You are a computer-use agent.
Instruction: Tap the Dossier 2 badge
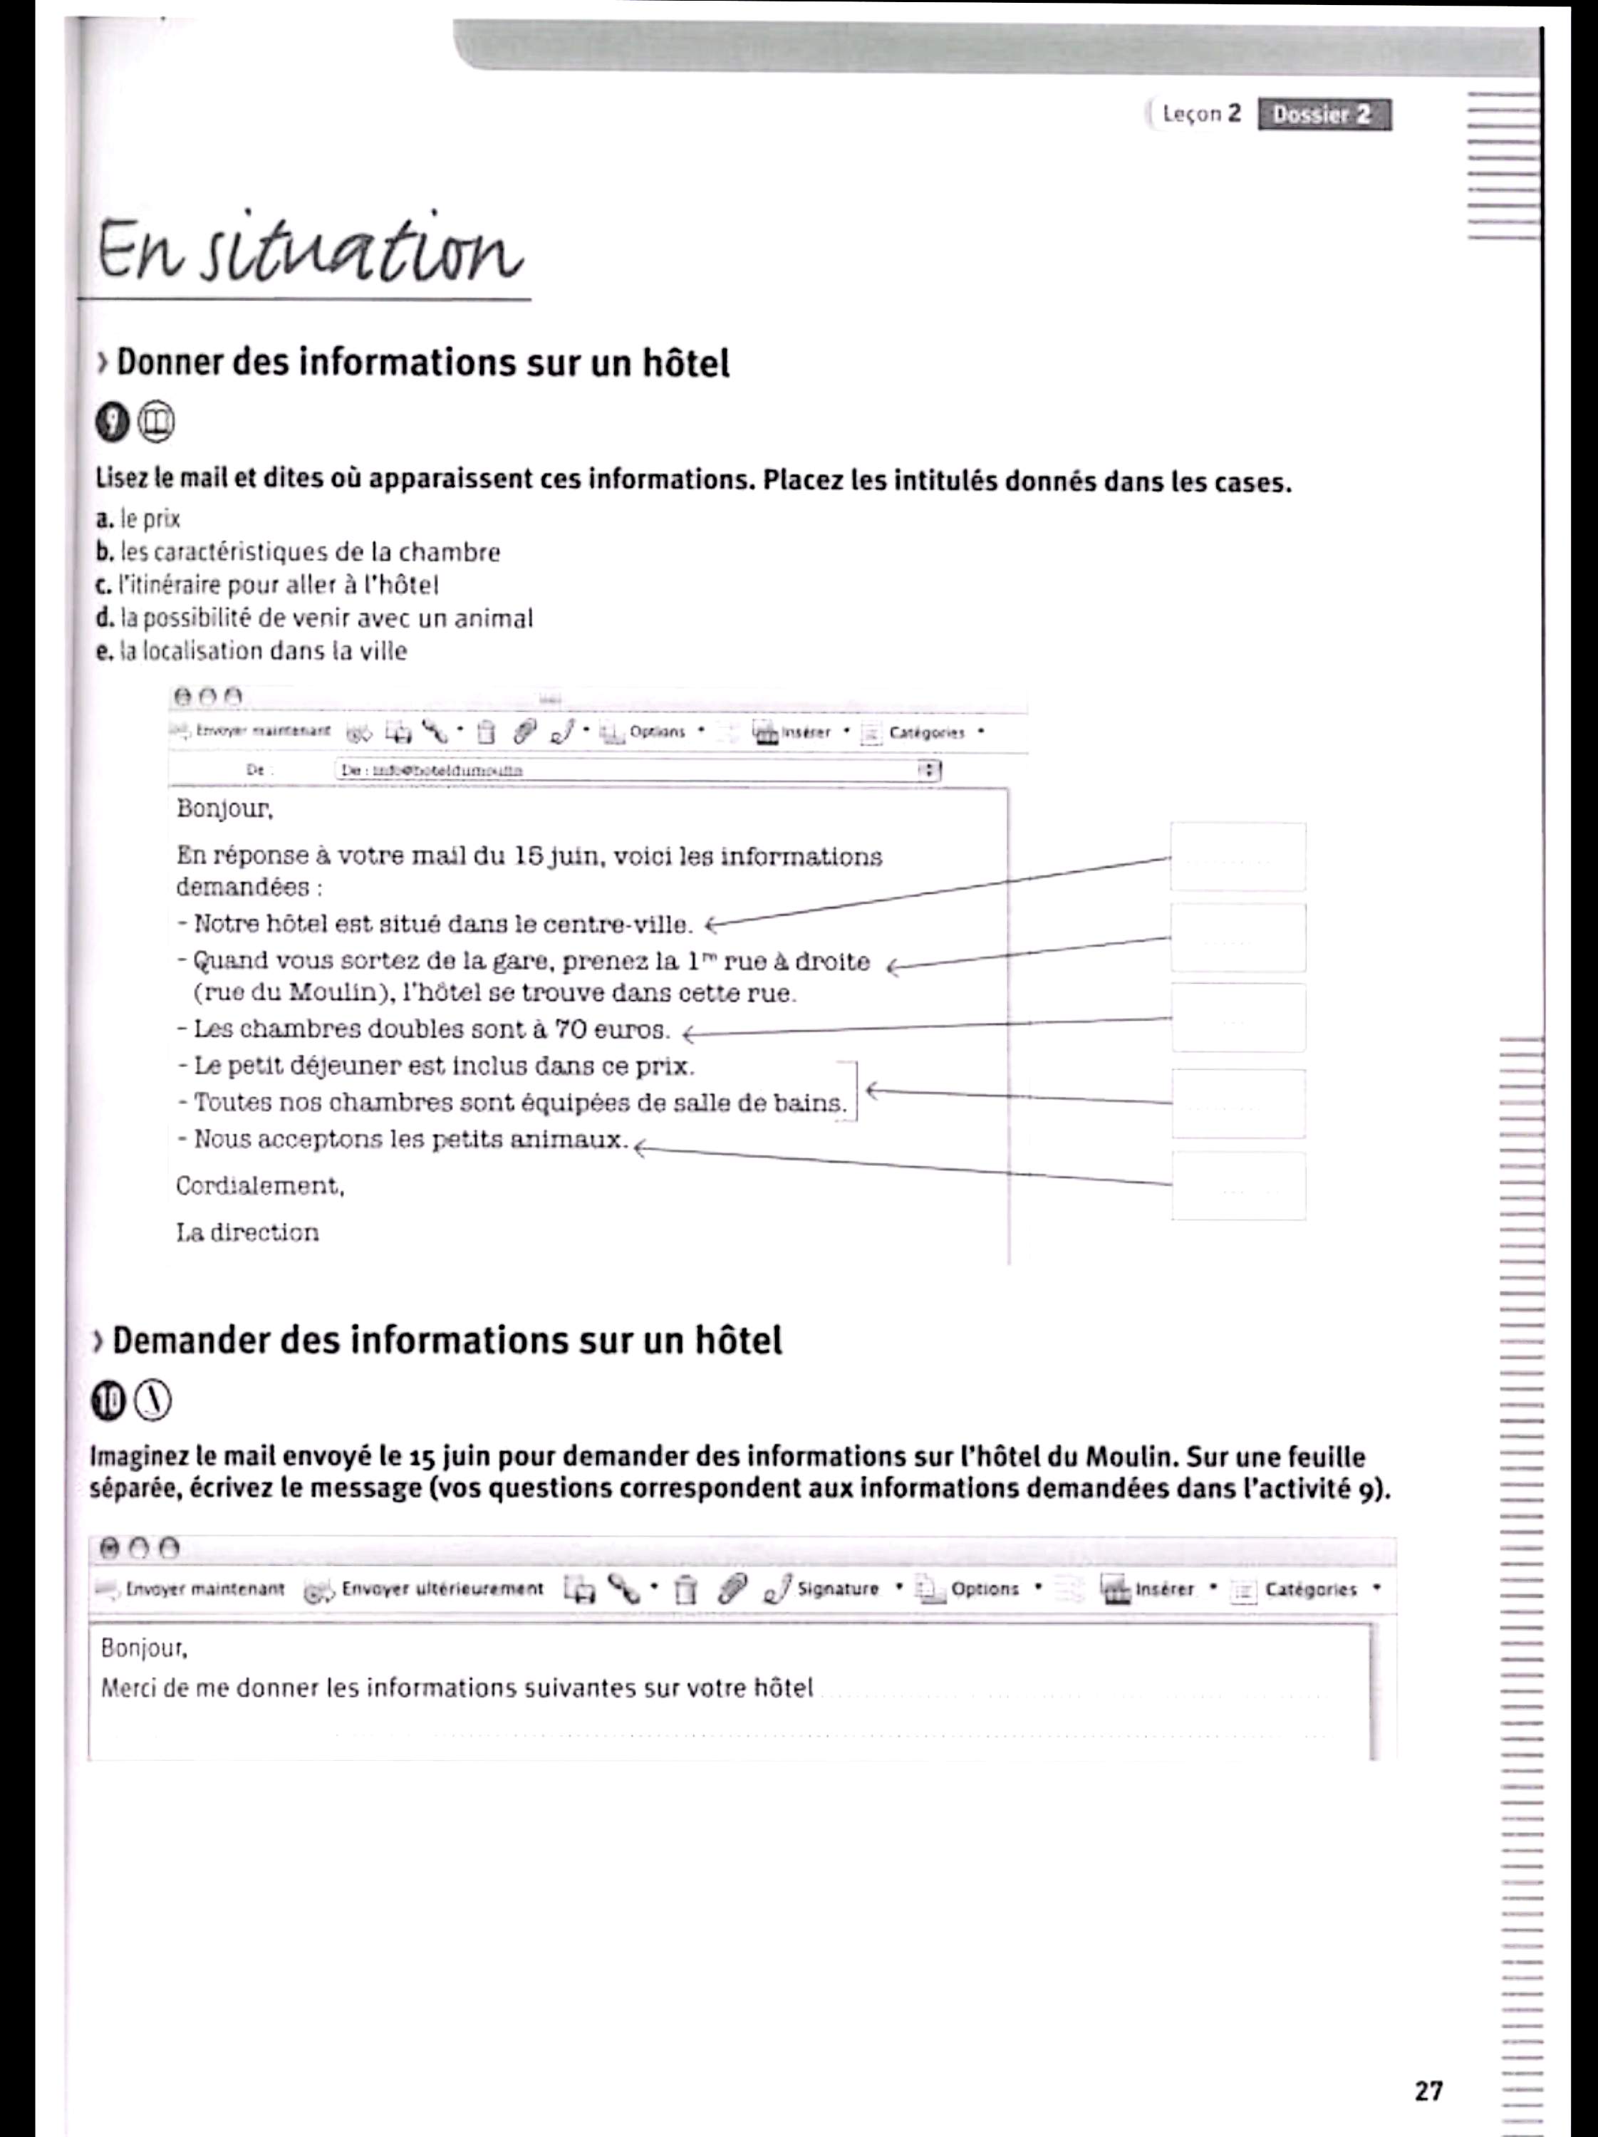1323,115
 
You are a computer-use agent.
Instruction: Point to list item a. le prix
139,520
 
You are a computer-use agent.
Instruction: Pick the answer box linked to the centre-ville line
1238,857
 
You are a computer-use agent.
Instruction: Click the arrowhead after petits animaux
640,1149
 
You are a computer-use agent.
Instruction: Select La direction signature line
247,1233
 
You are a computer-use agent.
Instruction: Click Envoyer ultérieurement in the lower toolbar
442,1589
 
